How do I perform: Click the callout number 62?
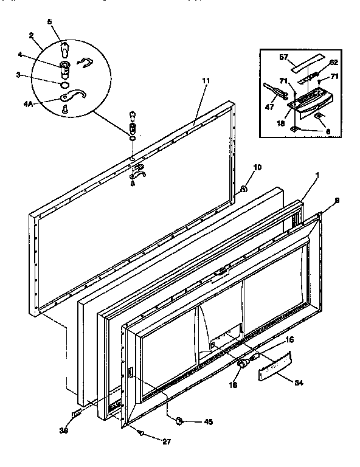click(x=334, y=62)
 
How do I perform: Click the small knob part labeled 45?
click(x=179, y=420)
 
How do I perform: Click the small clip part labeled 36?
click(x=75, y=413)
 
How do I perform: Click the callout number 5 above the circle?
click(x=50, y=21)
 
